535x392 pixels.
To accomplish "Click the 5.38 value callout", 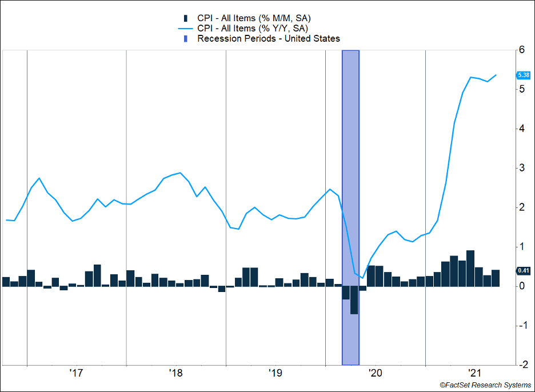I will point(523,75).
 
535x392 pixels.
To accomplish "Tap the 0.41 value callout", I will point(523,270).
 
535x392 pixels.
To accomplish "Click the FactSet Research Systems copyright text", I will point(485,386).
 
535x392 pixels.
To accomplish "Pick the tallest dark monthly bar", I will point(470,268).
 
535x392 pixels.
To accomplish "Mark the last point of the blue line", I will point(496,75).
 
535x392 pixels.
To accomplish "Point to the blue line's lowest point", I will point(363,278).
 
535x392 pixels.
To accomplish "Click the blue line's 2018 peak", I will point(180,173).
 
